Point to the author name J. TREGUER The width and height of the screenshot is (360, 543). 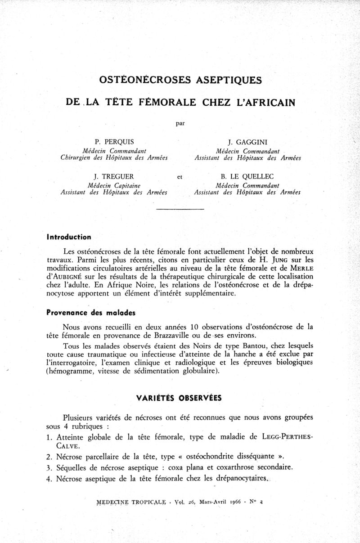[x=114, y=176]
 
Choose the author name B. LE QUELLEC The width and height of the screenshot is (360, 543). [x=247, y=176]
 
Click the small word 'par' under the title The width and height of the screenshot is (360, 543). [x=180, y=122]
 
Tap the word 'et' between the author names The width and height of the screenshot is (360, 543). [x=180, y=177]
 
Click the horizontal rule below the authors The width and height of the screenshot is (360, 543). [x=180, y=209]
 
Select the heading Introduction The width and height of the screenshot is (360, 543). [x=69, y=237]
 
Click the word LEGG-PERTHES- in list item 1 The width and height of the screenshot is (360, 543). [x=288, y=437]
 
